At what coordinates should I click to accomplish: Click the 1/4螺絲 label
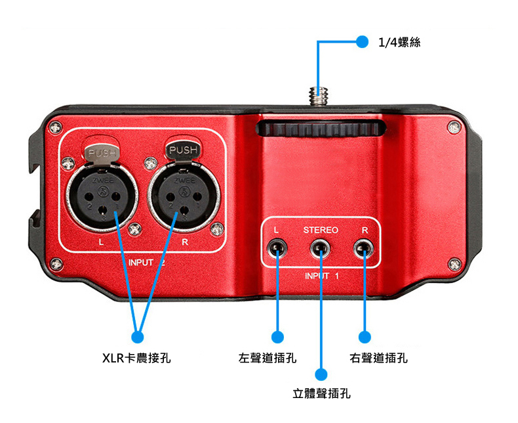(x=399, y=43)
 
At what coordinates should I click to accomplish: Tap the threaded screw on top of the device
(x=318, y=95)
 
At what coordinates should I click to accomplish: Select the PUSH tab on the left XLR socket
(x=102, y=153)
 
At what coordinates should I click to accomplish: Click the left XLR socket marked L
(x=102, y=198)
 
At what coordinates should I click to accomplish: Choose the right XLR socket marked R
(x=184, y=198)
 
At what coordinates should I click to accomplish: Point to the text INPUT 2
(x=146, y=263)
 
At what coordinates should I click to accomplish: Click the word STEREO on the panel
(x=321, y=230)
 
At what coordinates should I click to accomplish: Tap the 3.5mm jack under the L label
(x=277, y=248)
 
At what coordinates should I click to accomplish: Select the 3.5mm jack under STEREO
(x=320, y=248)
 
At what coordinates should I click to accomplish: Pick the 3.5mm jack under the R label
(x=364, y=248)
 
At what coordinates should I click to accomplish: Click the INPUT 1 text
(x=322, y=276)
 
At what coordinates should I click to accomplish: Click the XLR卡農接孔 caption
(x=136, y=358)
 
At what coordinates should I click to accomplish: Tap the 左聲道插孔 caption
(x=268, y=358)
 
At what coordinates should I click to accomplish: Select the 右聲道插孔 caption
(x=378, y=358)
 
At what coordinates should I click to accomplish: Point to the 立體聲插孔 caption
(x=321, y=393)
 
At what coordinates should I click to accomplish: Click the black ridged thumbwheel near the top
(x=321, y=129)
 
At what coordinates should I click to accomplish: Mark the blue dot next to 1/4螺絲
(x=362, y=41)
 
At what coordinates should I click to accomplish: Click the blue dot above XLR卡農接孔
(x=138, y=337)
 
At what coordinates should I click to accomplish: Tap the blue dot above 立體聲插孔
(x=321, y=374)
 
